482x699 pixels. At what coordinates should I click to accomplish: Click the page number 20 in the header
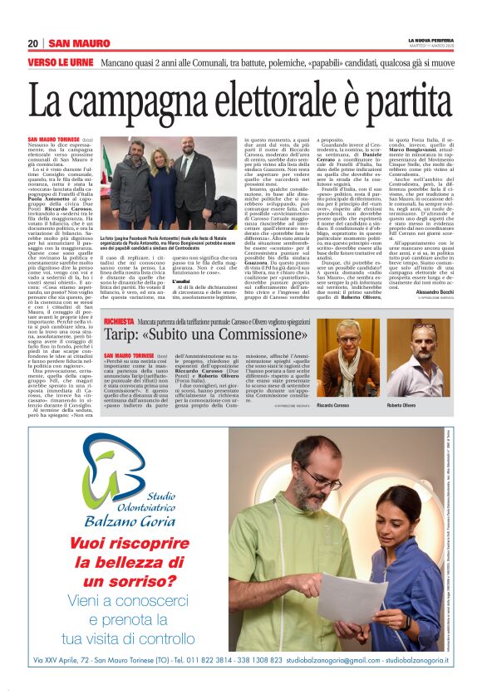coord(32,43)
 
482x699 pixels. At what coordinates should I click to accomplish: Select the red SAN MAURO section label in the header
coord(79,43)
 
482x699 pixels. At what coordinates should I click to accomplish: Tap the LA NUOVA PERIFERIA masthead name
coord(430,39)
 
